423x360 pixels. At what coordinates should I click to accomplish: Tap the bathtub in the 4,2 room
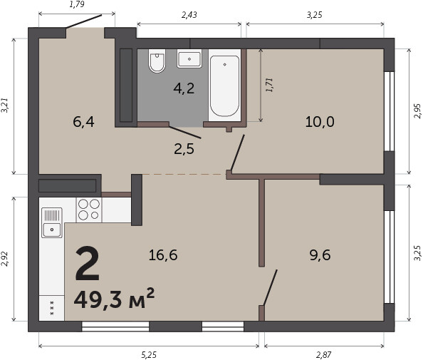click(x=224, y=86)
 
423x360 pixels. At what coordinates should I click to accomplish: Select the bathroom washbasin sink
click(x=189, y=58)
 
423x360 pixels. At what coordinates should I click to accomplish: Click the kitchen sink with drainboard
click(x=52, y=222)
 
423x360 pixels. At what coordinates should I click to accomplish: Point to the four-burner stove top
click(x=89, y=210)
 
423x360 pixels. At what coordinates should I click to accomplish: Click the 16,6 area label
click(x=163, y=255)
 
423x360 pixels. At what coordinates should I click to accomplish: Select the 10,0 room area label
click(x=320, y=121)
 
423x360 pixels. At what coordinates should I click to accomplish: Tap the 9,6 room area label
click(x=320, y=255)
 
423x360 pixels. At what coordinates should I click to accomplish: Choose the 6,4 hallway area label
click(x=83, y=122)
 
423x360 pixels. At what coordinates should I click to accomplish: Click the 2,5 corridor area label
click(x=184, y=149)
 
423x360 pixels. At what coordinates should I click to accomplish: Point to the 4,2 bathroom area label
click(x=184, y=88)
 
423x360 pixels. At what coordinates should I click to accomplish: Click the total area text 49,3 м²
click(x=114, y=298)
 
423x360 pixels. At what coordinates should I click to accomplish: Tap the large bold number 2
click(x=88, y=263)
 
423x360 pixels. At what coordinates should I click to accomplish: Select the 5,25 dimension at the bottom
click(x=149, y=354)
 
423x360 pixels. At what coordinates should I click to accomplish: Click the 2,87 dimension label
click(x=323, y=354)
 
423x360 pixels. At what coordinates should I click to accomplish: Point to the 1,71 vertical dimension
click(x=269, y=85)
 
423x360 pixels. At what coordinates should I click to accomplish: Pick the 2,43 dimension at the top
click(x=189, y=15)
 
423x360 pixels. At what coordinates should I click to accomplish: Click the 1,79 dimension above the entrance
click(x=77, y=4)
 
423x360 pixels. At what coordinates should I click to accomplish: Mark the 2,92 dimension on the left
click(x=4, y=259)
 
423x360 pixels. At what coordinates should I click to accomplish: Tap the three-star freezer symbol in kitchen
click(x=52, y=308)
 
